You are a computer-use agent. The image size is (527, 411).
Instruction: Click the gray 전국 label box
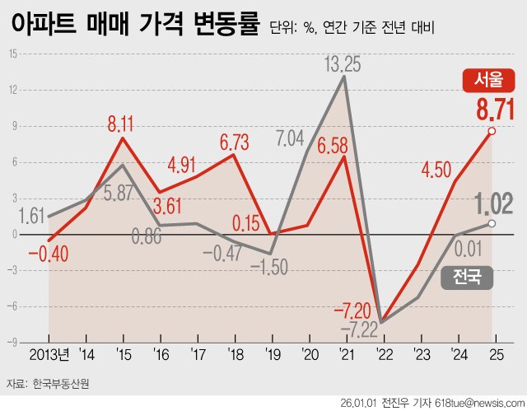click(x=466, y=277)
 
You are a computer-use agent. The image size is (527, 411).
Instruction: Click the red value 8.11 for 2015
click(x=123, y=124)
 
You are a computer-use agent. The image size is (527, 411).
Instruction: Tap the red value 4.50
click(x=436, y=169)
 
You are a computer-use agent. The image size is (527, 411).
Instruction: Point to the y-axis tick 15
click(x=13, y=54)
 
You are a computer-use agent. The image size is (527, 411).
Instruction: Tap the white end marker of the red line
click(x=492, y=131)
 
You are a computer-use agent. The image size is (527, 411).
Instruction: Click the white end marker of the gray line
click(x=492, y=223)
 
